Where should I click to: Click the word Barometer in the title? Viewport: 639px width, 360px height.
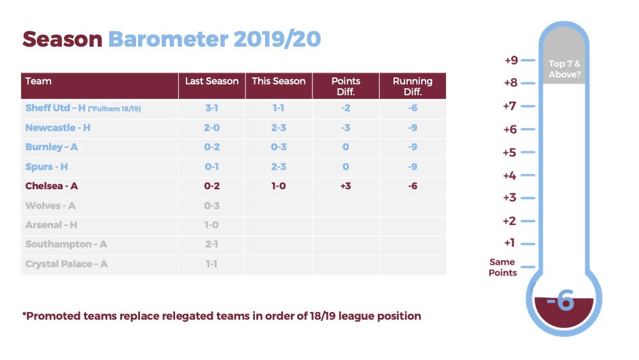[168, 40]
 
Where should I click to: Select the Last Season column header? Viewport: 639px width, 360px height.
[212, 81]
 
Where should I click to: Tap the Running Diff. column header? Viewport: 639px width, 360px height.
[412, 86]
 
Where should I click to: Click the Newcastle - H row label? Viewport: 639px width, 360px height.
[58, 128]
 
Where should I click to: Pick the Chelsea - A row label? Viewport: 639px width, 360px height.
[51, 186]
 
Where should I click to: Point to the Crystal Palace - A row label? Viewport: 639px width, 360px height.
[66, 264]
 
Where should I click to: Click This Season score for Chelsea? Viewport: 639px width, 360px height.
[279, 186]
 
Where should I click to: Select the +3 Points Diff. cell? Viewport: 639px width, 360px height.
[346, 186]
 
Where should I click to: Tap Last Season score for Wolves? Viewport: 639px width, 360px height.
[212, 205]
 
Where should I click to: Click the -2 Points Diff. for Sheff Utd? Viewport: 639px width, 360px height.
[346, 107]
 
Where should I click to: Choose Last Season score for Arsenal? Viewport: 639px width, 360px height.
[212, 224]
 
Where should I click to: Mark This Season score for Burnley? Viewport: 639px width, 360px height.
[279, 147]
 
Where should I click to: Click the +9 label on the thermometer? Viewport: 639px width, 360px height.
[511, 60]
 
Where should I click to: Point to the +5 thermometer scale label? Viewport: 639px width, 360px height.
[509, 152]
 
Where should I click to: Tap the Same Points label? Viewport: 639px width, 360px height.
[502, 267]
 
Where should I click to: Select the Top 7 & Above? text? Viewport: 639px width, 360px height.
[564, 69]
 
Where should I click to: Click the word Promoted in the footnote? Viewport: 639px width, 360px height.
[51, 316]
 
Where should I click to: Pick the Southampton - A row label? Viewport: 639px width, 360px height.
[66, 244]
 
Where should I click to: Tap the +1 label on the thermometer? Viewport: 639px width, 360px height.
[509, 243]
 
